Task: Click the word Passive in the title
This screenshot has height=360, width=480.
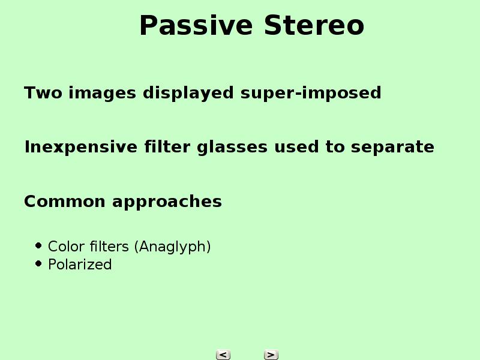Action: coord(196,25)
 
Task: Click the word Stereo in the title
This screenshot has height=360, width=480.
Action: coord(314,25)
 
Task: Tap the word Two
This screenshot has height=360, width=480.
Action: coord(43,93)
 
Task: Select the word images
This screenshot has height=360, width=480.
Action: coord(102,94)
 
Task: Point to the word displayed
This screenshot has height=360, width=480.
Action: coord(188,94)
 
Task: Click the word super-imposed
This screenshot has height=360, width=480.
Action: coord(311,94)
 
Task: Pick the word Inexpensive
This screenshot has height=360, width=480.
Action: coord(81,148)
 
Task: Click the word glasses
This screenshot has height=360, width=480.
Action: coord(232,148)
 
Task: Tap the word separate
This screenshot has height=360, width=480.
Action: coord(392,148)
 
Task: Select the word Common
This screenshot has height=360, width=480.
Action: coord(65,202)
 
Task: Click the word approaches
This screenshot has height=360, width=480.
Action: coord(167,202)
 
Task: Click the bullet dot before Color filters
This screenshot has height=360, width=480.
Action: coord(38,245)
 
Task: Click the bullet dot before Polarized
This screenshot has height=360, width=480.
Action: coord(38,263)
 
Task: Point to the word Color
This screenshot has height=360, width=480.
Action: coord(67,247)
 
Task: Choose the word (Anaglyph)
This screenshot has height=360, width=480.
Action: coord(173,247)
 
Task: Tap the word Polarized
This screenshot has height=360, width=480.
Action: coord(80,265)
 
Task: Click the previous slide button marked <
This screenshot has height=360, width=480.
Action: coord(223,355)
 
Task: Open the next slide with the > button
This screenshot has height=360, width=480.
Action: coord(271,355)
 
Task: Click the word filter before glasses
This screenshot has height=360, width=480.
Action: coord(167,147)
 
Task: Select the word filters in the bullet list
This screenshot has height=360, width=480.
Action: coord(109,247)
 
